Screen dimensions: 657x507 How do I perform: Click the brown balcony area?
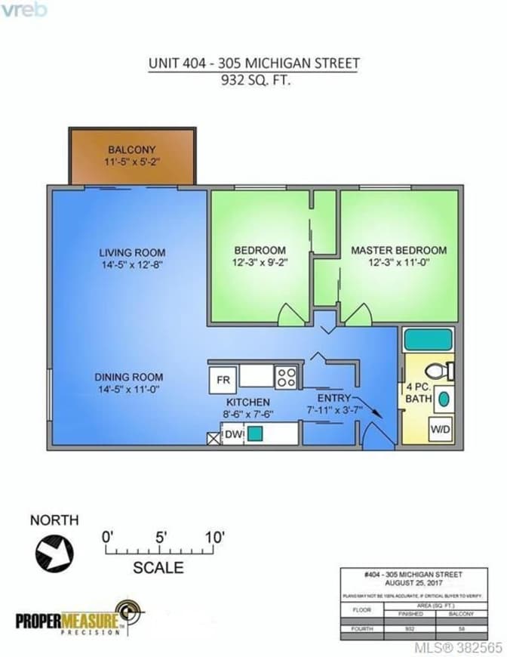tap(133, 156)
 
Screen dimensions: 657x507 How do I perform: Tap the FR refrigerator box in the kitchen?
tap(223, 378)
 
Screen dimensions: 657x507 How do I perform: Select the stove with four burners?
tap(285, 377)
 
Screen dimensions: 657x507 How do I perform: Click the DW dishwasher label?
tap(232, 435)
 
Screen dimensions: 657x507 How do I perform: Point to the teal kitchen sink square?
tap(256, 434)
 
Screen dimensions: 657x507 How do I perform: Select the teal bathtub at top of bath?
tap(428, 339)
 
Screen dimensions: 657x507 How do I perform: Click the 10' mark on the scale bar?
tap(213, 538)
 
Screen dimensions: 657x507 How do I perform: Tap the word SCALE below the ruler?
tap(158, 567)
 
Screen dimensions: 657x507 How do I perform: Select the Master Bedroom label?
tap(398, 250)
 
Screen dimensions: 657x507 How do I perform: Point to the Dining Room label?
tap(128, 377)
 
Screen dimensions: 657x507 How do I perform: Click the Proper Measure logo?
tap(80, 619)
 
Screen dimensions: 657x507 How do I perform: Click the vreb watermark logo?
tap(25, 10)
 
